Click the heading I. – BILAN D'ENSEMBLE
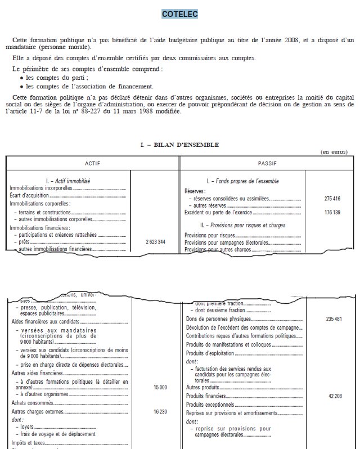[179, 145]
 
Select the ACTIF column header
[92, 163]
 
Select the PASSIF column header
[267, 163]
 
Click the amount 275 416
[333, 199]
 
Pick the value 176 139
[333, 213]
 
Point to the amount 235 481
[334, 320]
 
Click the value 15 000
[160, 388]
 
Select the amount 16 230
[160, 412]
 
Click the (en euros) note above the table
[333, 152]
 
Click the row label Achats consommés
[30, 403]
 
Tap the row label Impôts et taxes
[26, 442]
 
